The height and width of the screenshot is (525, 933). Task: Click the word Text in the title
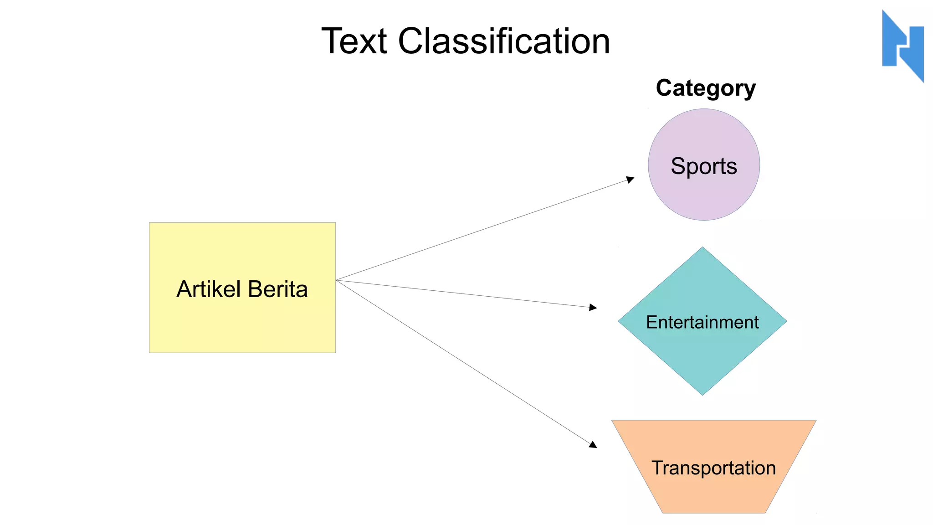point(354,41)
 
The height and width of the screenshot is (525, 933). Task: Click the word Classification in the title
point(504,41)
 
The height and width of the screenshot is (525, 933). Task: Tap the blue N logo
point(902,46)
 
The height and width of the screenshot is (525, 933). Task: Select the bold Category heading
point(705,88)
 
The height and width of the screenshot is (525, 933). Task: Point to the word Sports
point(704,166)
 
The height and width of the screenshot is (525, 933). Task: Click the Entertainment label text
point(702,322)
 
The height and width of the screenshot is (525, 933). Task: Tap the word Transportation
point(713,468)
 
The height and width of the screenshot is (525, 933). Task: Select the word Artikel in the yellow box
point(208,289)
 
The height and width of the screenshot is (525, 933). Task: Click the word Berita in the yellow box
point(278,289)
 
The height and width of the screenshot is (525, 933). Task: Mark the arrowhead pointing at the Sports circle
point(631,180)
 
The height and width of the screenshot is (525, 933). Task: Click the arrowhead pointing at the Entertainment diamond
point(593,308)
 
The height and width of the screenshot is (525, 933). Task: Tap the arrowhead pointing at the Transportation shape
point(593,444)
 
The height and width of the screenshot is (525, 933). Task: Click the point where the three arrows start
point(336,280)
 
